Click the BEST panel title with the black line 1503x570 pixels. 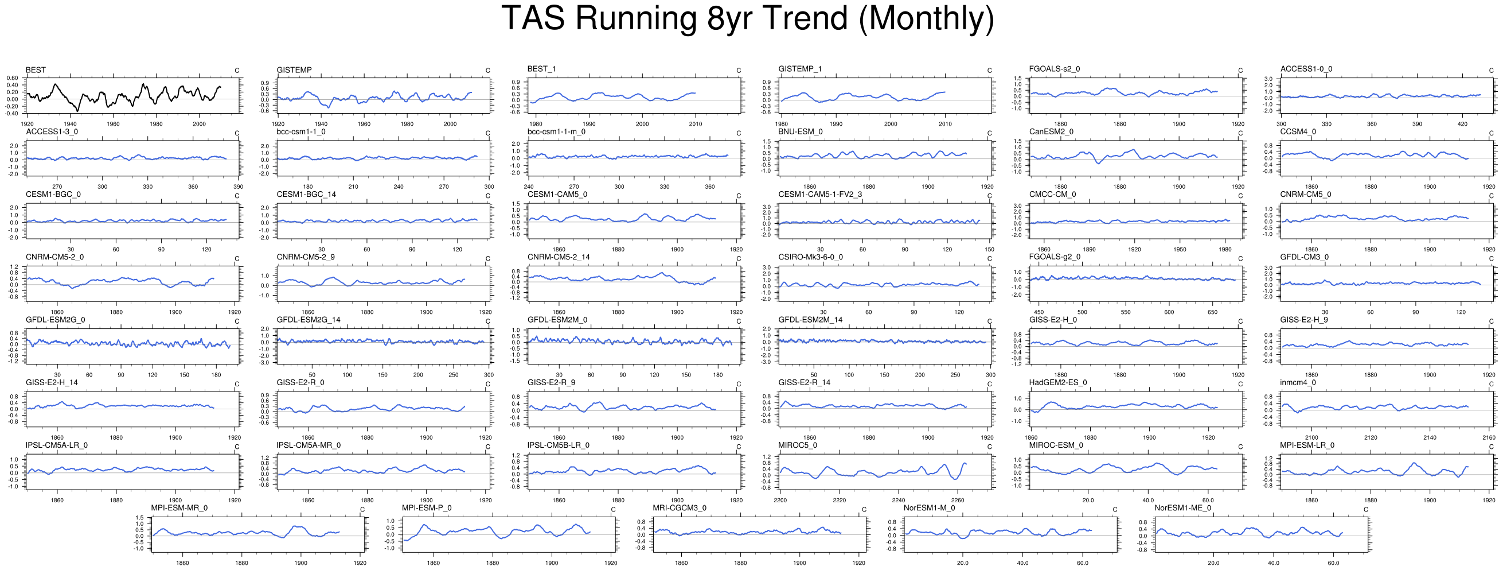(x=36, y=70)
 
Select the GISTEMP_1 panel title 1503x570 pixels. (x=799, y=69)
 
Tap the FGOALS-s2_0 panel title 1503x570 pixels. (x=1055, y=69)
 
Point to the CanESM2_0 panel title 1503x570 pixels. (x=1051, y=132)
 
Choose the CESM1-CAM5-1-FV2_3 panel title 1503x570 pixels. (x=820, y=195)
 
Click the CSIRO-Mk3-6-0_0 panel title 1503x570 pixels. (x=810, y=257)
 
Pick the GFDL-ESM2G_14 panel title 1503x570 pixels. (x=308, y=320)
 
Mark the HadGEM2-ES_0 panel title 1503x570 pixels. (x=1058, y=382)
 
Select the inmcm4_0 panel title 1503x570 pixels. (x=1298, y=382)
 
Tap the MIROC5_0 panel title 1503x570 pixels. (x=798, y=445)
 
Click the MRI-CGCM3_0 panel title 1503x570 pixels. (x=679, y=508)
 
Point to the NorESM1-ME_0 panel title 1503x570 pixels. (x=1182, y=508)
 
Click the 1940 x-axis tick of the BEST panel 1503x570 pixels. (x=70, y=125)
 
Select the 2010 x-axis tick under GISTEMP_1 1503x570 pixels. (x=944, y=125)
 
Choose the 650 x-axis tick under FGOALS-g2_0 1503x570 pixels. (x=1212, y=312)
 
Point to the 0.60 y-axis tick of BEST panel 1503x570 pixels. (x=12, y=78)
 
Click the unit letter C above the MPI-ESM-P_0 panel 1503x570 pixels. (x=613, y=510)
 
